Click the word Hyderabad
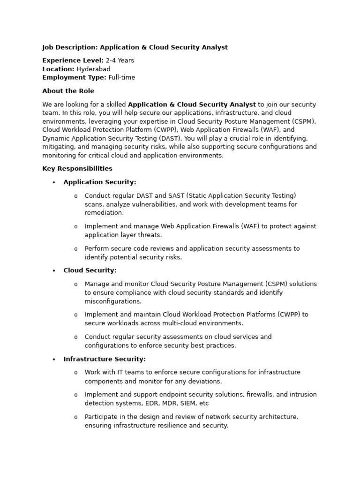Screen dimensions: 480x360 [x=93, y=69]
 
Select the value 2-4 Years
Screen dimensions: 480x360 [x=120, y=60]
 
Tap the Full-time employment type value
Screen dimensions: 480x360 [x=121, y=77]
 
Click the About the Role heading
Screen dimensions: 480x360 [x=68, y=91]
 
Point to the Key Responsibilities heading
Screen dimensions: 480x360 [x=77, y=168]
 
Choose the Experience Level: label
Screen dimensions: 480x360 [x=73, y=60]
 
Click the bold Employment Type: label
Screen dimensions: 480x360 [x=74, y=77]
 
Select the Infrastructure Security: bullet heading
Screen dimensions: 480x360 [x=105, y=359]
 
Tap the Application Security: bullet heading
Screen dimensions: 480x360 [x=100, y=182]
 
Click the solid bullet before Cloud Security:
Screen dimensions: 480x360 [x=54, y=270]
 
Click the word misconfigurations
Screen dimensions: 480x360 [x=113, y=301]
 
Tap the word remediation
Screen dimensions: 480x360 [x=104, y=213]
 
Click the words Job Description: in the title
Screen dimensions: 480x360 [x=70, y=47]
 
